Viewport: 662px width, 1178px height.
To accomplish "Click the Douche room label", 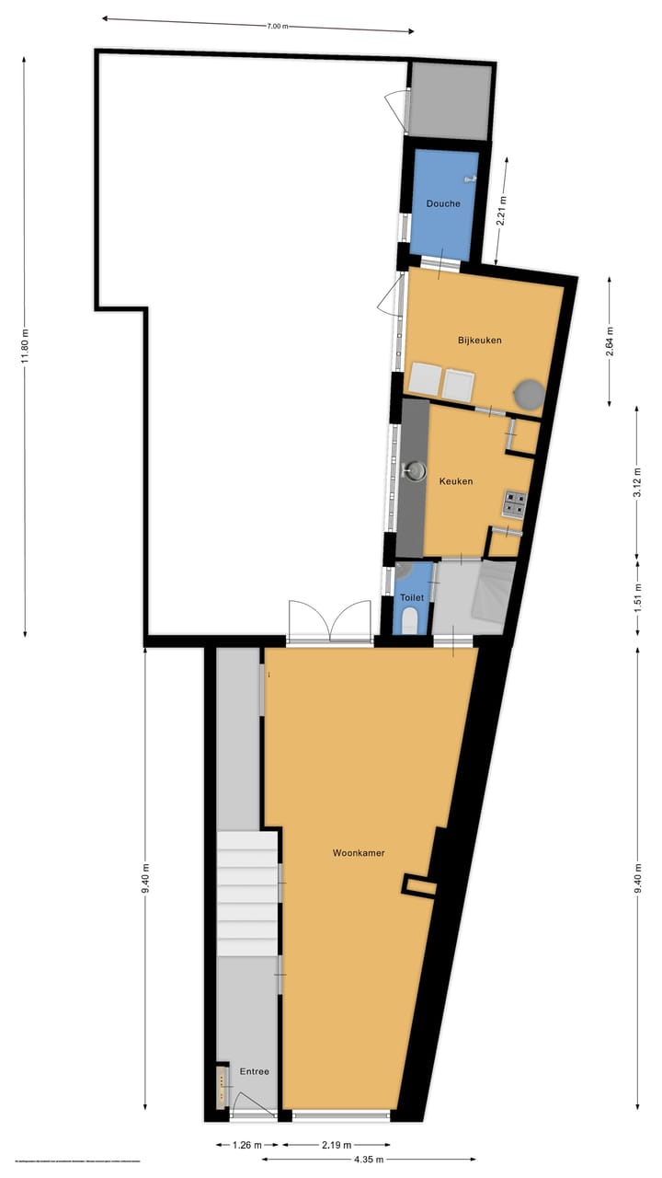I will [x=443, y=203].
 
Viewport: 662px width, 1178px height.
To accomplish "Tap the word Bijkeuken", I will [x=479, y=341].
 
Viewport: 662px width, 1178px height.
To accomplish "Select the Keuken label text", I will [x=456, y=481].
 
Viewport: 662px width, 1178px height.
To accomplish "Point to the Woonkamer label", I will [x=359, y=853].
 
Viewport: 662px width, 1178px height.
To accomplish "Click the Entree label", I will [x=255, y=1071].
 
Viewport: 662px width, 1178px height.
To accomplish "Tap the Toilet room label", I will [x=411, y=597].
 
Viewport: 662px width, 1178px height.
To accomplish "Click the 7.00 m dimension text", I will [x=278, y=26].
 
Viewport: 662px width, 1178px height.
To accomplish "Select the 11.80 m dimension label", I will [x=26, y=346].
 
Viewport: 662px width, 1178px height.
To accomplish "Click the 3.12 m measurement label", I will [x=637, y=479].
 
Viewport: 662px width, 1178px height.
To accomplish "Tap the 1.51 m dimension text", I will [x=637, y=599].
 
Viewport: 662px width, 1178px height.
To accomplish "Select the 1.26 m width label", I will [x=247, y=1145].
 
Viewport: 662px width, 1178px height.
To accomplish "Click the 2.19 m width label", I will [x=337, y=1145].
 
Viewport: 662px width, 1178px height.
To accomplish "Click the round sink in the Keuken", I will [x=417, y=471].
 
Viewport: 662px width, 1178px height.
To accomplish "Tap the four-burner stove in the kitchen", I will [x=514, y=503].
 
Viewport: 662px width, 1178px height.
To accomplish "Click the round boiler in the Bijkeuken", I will [x=529, y=394].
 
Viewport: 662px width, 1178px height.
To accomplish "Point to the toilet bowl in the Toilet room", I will [x=411, y=618].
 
